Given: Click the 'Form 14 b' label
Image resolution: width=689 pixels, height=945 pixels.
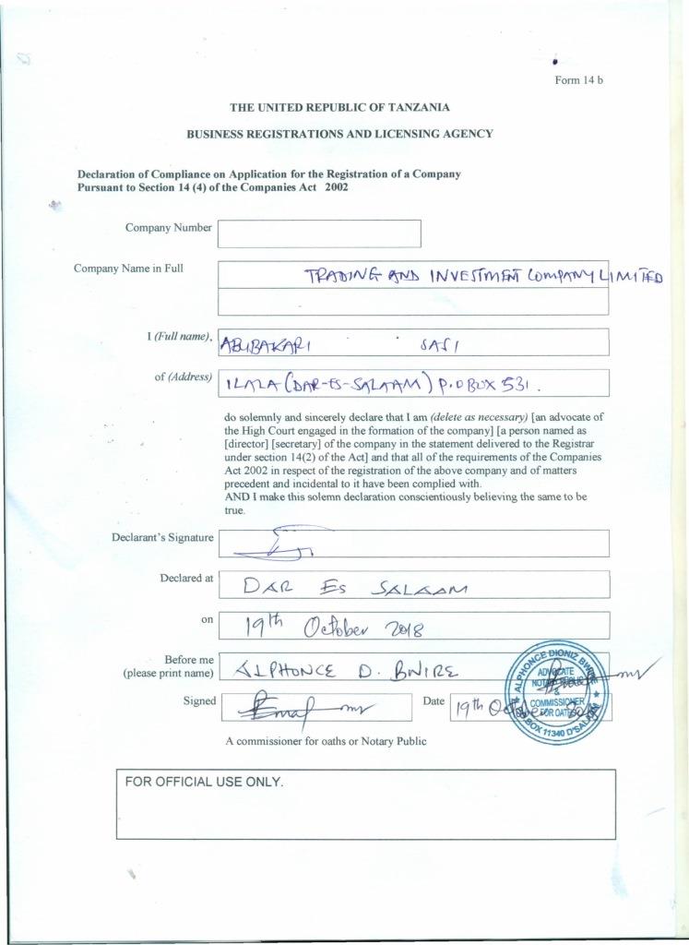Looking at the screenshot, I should tap(578, 80).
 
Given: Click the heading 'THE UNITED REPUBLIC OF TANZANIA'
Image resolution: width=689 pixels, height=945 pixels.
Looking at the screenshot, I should tap(339, 107).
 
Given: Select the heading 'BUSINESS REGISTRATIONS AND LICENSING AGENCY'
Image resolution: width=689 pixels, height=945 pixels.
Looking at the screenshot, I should tap(339, 134).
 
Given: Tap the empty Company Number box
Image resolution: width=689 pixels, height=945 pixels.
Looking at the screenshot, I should tap(319, 233).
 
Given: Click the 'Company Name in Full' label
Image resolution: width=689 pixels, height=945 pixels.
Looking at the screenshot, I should tap(128, 269).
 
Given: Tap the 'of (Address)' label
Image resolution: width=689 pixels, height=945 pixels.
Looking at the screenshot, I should tap(184, 377).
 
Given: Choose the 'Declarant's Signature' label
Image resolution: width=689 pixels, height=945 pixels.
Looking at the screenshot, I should tap(163, 537).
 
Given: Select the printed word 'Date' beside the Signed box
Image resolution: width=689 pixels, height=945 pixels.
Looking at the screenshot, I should tap(433, 702).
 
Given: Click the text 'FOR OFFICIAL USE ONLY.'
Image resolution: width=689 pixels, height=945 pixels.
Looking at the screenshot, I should tap(204, 782).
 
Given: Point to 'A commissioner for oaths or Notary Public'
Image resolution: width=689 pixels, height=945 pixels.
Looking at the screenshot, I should tap(326, 741).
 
